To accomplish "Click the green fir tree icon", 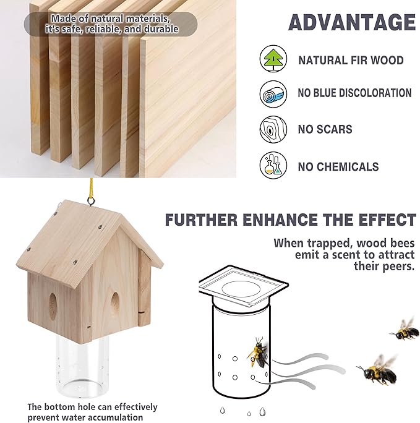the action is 273,59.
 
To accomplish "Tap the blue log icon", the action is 273,94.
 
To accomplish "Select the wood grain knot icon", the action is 273,129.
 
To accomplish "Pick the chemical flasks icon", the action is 273,165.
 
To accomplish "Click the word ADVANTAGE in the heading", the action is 352,22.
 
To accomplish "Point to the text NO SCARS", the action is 325,129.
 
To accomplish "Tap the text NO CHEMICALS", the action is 338,167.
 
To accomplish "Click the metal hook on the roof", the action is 91,201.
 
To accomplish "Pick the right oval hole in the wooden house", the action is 115,303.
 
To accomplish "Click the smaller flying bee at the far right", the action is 404,329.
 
